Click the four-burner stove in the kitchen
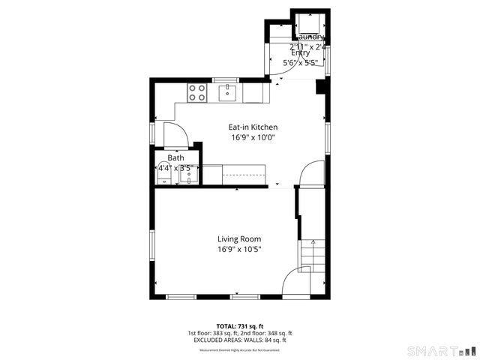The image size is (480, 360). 197,93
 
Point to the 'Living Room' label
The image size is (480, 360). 239,238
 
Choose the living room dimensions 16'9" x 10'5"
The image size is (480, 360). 239,249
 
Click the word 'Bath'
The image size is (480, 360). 175,158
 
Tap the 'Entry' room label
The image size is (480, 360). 300,52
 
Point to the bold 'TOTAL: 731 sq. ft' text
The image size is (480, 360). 239,326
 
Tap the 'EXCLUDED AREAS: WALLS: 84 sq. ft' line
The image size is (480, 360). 239,340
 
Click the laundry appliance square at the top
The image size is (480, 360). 309,22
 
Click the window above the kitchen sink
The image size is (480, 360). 225,79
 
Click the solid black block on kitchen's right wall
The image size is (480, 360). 320,87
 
